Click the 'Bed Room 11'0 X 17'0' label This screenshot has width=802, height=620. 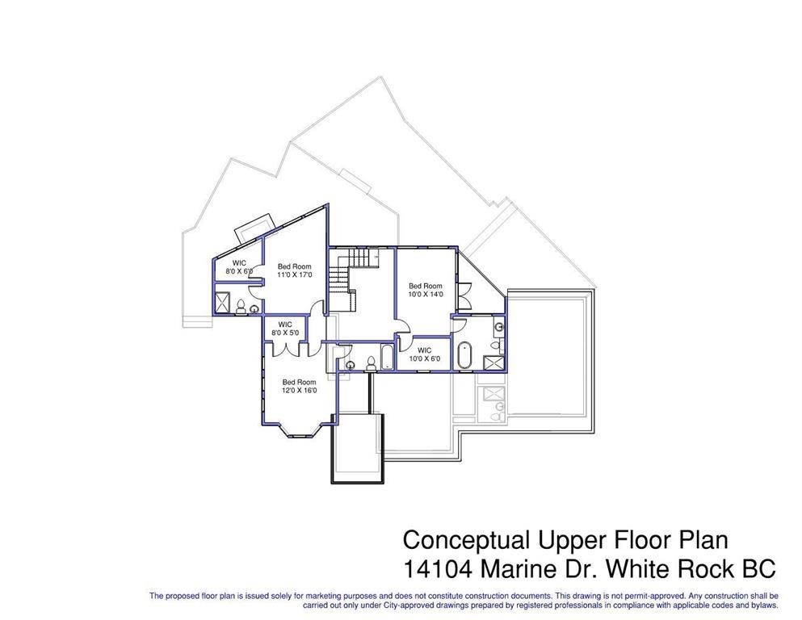click(295, 270)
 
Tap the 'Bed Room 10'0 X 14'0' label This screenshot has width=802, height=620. click(426, 290)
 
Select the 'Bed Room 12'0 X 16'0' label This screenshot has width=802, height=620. click(300, 386)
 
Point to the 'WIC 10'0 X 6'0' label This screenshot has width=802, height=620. click(425, 354)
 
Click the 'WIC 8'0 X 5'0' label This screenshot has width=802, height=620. click(285, 328)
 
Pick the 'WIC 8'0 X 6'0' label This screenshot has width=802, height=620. click(239, 266)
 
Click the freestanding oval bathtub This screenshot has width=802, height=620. click(464, 354)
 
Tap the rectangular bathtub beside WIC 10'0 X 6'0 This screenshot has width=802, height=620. click(387, 357)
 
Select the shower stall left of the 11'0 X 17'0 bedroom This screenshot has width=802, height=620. click(223, 302)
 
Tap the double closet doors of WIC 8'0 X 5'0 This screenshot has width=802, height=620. click(286, 349)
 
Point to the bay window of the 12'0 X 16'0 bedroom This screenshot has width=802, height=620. click(300, 429)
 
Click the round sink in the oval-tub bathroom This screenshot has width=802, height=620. click(500, 326)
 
